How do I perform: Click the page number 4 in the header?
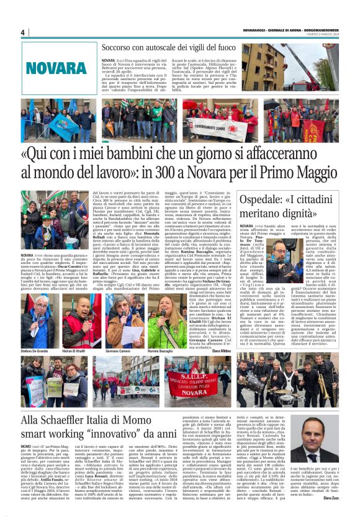click(x=22, y=32)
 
